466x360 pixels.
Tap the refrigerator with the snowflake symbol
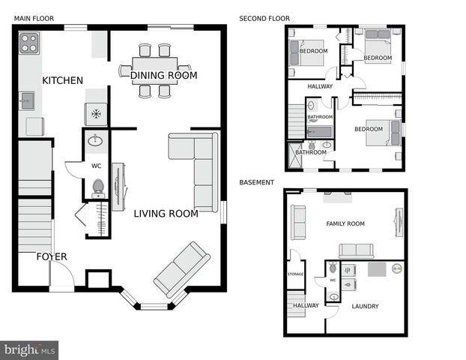95,114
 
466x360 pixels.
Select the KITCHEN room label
62,80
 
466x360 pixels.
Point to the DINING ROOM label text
163,75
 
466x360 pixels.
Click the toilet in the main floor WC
97,187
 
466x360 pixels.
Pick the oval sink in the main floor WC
96,140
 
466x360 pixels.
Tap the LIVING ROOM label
166,214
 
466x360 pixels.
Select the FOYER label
52,256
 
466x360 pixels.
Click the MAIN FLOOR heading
33,17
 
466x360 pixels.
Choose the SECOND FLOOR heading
264,18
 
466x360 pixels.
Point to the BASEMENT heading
256,182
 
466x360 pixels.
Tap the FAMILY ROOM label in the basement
345,223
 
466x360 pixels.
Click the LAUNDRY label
364,306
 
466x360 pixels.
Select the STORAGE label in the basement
295,274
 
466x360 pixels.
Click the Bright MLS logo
29,349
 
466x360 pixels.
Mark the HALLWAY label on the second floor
320,86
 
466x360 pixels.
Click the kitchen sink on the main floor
26,99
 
